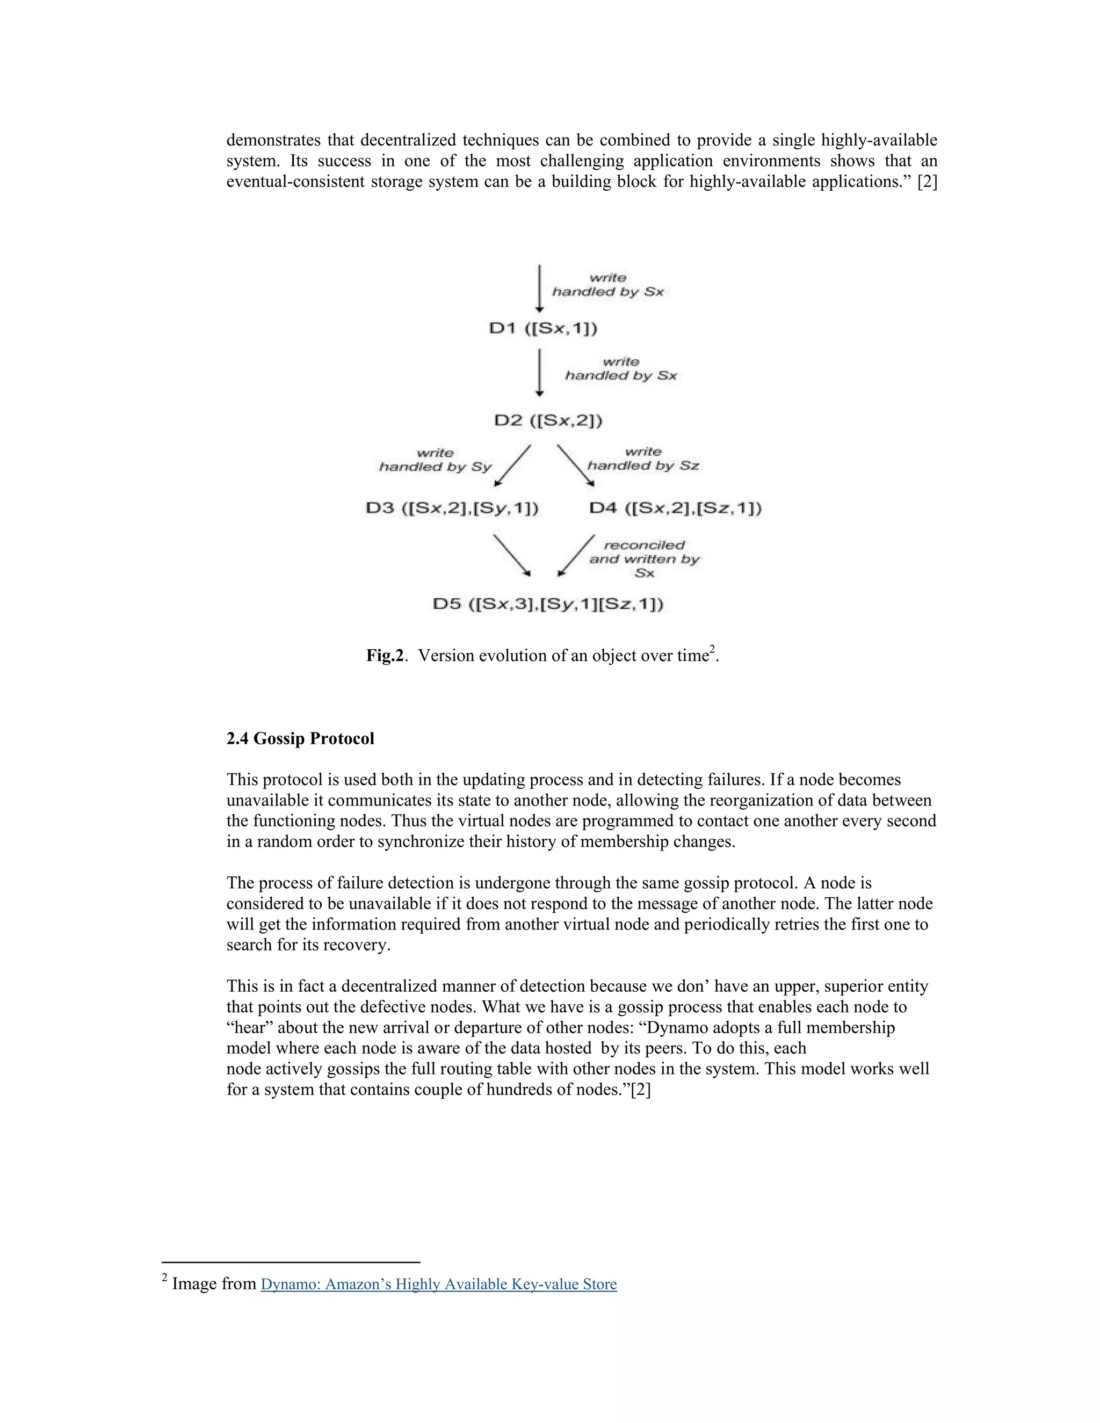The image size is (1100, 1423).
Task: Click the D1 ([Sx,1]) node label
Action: coord(543,329)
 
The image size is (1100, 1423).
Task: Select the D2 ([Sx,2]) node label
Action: coord(547,420)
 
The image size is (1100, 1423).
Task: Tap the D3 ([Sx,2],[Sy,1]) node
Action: coord(452,508)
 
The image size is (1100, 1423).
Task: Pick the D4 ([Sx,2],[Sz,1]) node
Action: coord(675,508)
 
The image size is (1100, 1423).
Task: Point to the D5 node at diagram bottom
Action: coord(548,604)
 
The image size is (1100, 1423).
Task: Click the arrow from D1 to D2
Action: coord(540,373)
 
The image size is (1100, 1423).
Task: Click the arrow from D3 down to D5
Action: coord(511,555)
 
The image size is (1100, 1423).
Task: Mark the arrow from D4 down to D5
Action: coord(577,555)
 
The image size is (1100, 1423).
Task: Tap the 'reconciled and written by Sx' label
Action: coord(644,559)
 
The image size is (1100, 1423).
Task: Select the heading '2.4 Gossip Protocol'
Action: coord(300,738)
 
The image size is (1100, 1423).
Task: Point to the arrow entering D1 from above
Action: coord(540,287)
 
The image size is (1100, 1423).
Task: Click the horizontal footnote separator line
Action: coord(291,1262)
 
